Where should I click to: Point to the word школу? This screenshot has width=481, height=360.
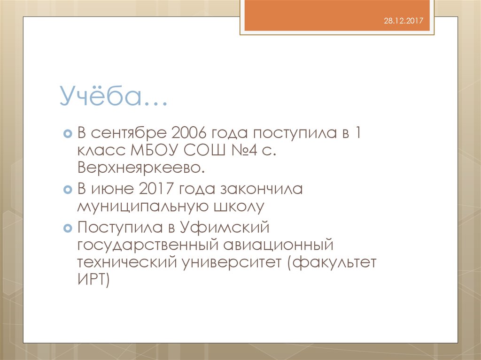pyautogui.click(x=239, y=207)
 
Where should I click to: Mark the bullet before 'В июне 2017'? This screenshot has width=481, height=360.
pyautogui.click(x=68, y=189)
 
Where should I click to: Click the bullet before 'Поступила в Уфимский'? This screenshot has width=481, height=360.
pyautogui.click(x=68, y=228)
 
